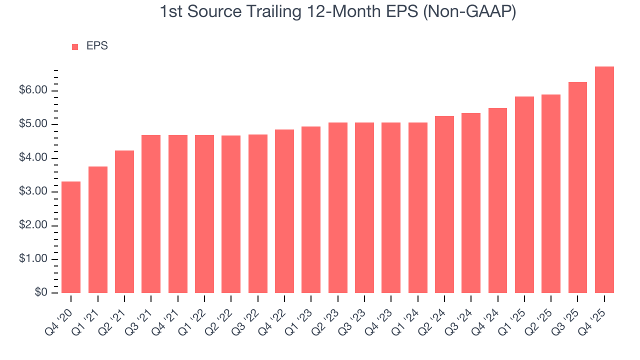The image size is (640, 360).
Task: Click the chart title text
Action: point(337,11)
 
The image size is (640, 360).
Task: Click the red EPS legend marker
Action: point(75,46)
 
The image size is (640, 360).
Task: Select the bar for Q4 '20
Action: point(71,237)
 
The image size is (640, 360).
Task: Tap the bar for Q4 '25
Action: point(604,180)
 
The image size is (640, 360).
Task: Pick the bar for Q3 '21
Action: point(151,214)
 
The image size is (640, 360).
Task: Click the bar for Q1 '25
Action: point(524,194)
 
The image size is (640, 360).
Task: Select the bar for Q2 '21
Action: point(124,221)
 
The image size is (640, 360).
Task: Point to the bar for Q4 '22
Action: point(284,211)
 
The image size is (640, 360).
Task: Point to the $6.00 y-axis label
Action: point(33,90)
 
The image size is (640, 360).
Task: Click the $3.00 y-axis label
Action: point(33,192)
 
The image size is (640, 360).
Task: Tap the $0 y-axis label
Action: point(41,293)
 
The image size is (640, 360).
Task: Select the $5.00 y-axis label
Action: point(33,124)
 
